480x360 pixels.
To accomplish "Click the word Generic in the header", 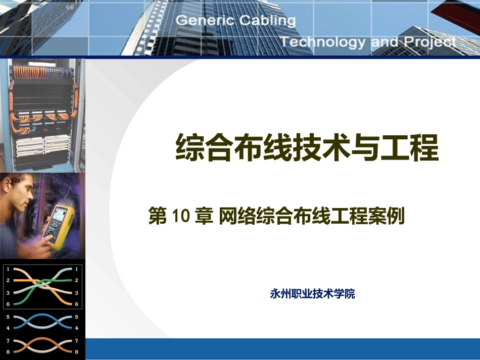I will click(205, 21).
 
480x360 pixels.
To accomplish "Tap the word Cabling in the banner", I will click(267, 21).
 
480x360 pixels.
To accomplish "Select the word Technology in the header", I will click(322, 42).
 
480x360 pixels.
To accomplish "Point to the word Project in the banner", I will click(430, 42).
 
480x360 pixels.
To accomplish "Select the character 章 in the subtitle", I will click(204, 217).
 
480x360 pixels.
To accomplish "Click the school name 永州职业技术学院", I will click(312, 294).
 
